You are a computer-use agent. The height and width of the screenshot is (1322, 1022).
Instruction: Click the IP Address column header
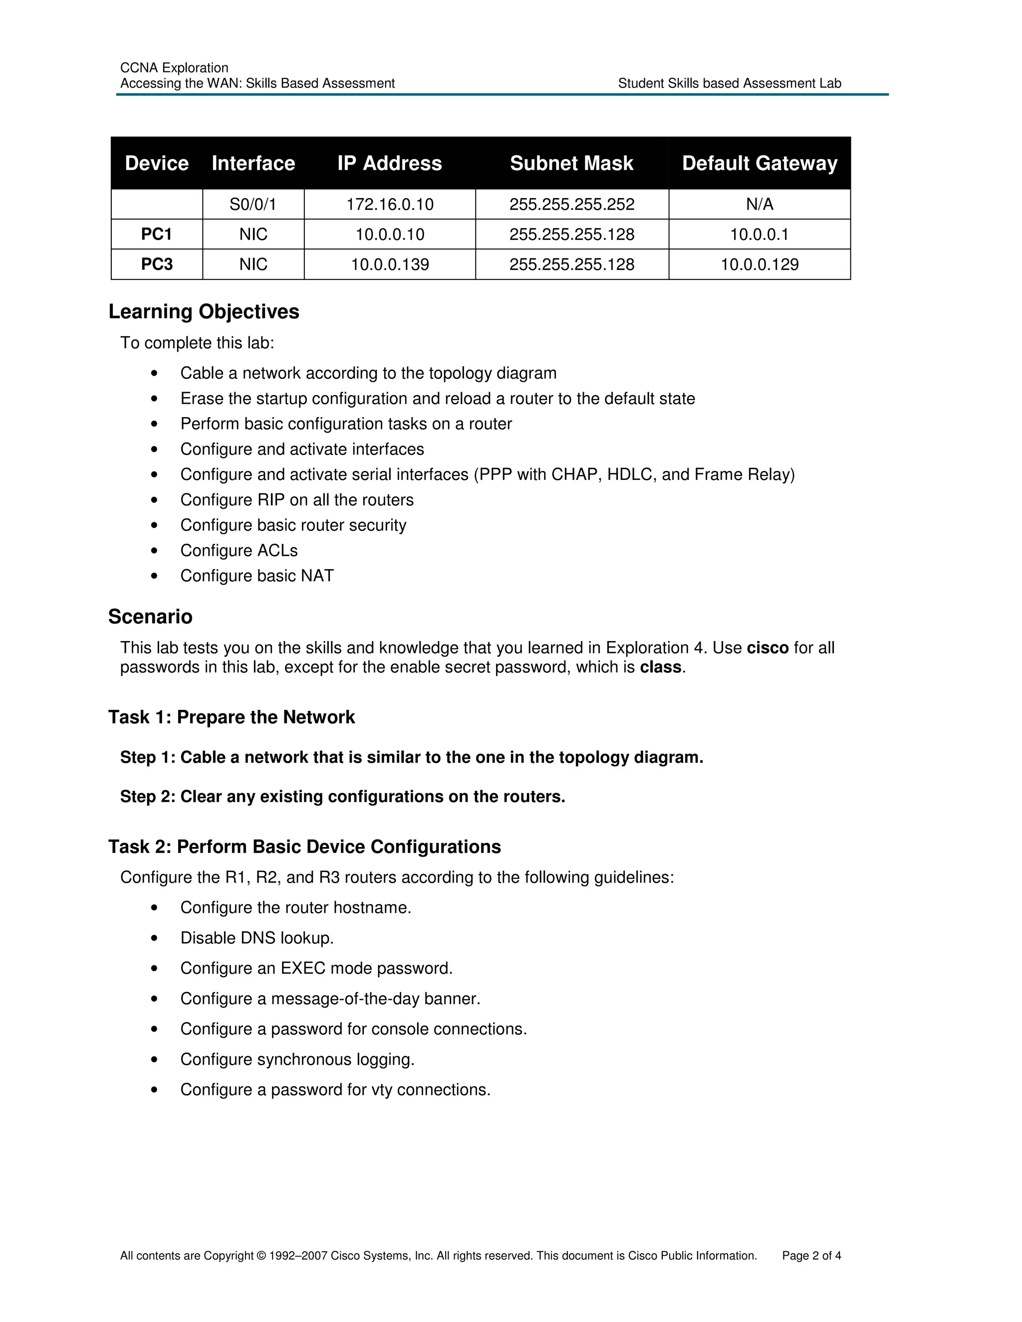pos(389,164)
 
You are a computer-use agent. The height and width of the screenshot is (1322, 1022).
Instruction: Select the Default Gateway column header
pos(759,164)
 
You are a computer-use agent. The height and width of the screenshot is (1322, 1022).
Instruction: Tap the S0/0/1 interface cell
pos(253,205)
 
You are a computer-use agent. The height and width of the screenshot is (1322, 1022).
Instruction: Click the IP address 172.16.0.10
pos(389,205)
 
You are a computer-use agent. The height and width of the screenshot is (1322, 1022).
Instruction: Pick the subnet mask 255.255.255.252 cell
pos(571,205)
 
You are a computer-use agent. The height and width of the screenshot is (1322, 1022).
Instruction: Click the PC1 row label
pos(157,234)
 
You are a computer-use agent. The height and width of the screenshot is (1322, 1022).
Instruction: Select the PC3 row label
pos(157,264)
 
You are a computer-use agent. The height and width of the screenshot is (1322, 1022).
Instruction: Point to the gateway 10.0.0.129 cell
pos(759,264)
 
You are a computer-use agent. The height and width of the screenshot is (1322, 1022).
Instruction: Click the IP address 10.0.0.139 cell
pos(389,264)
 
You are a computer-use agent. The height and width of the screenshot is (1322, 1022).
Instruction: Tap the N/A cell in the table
pos(759,205)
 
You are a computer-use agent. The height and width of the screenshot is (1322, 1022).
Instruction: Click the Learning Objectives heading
pos(204,312)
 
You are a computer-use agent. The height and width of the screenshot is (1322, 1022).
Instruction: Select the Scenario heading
pos(150,617)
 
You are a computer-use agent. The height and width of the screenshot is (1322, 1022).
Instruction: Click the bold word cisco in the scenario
pos(767,649)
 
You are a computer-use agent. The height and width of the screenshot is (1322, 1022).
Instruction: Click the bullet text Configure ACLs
pos(239,551)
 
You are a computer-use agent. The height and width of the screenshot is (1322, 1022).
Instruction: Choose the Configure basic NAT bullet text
pos(256,576)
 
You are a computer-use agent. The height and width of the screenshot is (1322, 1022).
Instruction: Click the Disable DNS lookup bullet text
pos(256,938)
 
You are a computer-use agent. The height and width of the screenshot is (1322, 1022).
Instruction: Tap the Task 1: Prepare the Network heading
pos(231,717)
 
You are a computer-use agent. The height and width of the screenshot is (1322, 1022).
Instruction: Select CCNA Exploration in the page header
pos(174,68)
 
